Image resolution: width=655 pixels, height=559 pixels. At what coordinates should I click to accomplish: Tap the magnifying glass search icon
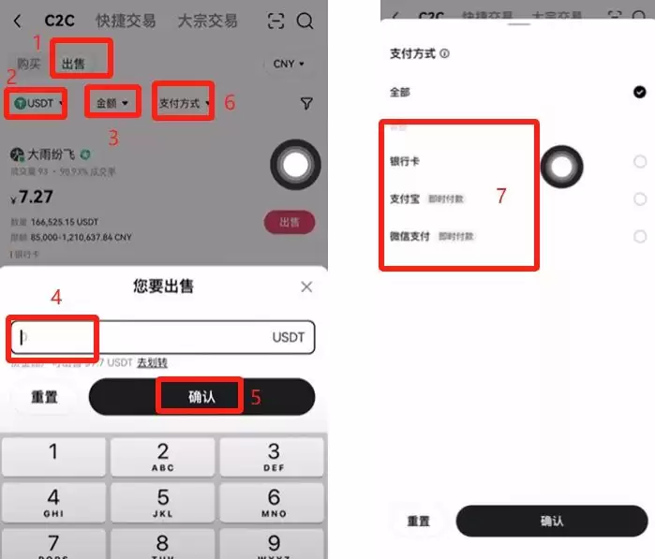(x=305, y=21)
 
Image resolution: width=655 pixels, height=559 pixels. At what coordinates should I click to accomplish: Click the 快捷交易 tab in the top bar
(x=126, y=21)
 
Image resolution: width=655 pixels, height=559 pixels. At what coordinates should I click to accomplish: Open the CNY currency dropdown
(x=284, y=64)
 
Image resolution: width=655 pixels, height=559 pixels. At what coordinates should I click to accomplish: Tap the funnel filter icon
(x=306, y=103)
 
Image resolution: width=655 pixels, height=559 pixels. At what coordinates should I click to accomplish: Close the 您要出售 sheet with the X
(x=306, y=287)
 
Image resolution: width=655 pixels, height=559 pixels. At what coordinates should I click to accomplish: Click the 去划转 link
(x=153, y=362)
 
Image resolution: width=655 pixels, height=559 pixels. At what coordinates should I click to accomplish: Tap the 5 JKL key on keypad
(x=162, y=503)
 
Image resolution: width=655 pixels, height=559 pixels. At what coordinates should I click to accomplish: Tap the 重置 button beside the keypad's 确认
(x=44, y=397)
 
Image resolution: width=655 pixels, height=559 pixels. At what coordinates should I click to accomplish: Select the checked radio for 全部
(x=639, y=92)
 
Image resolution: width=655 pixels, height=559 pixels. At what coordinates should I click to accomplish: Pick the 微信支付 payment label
(x=409, y=236)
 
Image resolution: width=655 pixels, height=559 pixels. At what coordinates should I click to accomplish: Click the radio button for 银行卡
(x=639, y=162)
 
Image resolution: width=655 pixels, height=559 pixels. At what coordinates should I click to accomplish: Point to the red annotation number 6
(x=230, y=103)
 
